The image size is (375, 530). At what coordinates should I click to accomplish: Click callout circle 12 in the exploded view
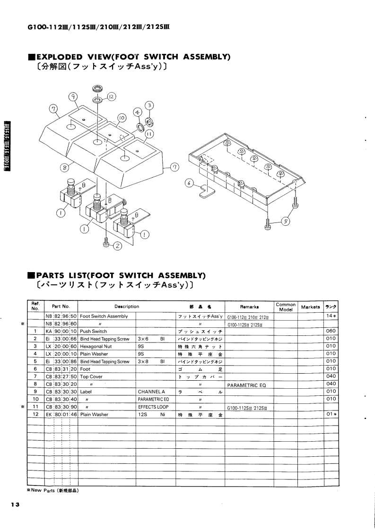click(112, 97)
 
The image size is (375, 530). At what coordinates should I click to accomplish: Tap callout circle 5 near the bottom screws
click(286, 222)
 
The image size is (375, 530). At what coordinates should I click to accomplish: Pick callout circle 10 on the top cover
click(121, 117)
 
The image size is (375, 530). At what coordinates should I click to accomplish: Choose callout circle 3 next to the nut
click(149, 105)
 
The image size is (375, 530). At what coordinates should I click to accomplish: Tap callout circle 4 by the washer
click(138, 112)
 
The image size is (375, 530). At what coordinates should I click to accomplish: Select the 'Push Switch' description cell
click(94, 331)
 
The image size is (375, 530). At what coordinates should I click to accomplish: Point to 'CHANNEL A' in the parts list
click(151, 391)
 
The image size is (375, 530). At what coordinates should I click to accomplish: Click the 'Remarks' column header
click(249, 307)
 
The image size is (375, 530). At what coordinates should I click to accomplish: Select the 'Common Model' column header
click(285, 307)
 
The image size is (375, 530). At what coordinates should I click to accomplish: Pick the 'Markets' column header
click(310, 307)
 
